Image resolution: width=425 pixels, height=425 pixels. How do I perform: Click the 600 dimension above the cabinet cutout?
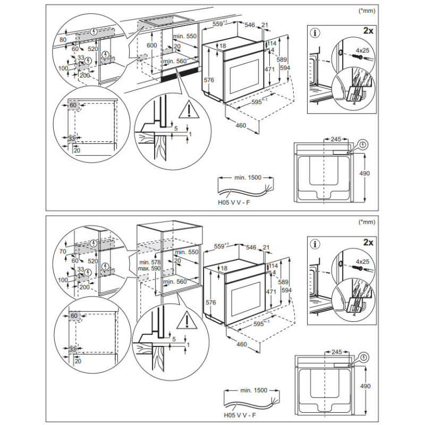click(152, 45)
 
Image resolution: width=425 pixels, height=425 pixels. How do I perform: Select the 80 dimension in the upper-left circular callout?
click(63, 40)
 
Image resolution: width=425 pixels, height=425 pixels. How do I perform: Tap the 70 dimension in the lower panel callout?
click(63, 251)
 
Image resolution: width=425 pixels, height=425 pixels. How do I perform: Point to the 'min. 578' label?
click(150, 262)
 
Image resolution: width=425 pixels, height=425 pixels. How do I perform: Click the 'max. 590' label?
click(149, 268)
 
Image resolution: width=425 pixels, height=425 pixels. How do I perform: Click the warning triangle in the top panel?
click(189, 109)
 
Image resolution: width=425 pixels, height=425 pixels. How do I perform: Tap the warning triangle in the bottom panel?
click(187, 320)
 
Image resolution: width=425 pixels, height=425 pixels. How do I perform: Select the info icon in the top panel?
click(315, 33)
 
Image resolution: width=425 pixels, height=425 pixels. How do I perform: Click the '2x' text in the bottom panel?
click(368, 242)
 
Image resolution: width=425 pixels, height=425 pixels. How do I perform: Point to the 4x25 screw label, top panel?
click(363, 50)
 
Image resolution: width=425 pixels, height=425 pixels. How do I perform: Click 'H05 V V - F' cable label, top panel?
click(234, 202)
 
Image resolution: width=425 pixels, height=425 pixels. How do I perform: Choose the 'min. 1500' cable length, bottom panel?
click(254, 390)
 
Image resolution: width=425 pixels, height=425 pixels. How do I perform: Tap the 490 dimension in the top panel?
click(364, 173)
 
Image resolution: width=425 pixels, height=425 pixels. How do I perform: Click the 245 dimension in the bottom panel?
click(337, 352)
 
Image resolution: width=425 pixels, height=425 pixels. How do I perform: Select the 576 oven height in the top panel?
click(209, 80)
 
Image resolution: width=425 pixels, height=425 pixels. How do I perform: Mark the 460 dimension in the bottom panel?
click(242, 344)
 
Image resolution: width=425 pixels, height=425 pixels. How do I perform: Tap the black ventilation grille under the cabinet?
click(180, 75)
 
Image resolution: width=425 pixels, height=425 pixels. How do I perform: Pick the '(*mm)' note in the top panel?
click(367, 11)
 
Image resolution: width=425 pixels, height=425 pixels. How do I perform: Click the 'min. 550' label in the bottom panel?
click(187, 252)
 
